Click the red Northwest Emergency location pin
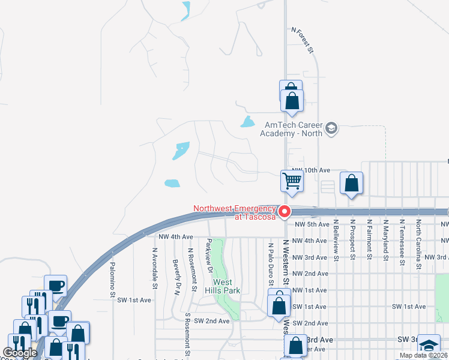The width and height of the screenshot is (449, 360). (x=284, y=211)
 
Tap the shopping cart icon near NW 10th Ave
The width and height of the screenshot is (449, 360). (x=292, y=180)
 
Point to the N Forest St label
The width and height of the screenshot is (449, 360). (x=303, y=40)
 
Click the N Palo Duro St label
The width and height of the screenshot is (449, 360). (x=271, y=264)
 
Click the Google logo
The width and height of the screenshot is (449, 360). (x=20, y=353)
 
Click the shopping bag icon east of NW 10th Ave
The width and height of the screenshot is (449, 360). (x=351, y=184)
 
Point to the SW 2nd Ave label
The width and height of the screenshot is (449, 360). (x=207, y=321)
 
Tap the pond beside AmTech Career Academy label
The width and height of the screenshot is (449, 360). (x=247, y=122)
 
